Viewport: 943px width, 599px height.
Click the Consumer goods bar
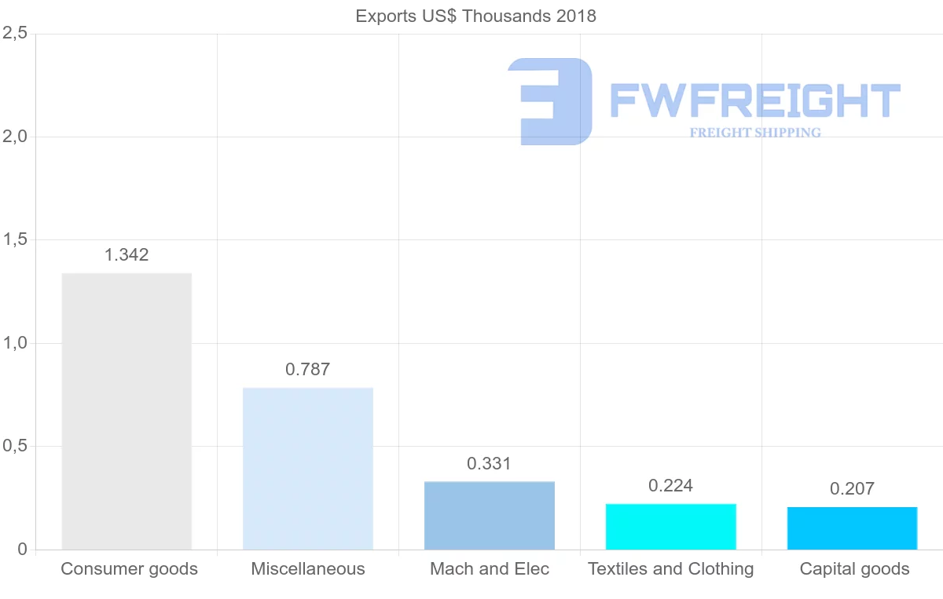[127, 411]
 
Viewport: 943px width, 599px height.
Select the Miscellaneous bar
[308, 469]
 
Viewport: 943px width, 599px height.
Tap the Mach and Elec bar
[490, 515]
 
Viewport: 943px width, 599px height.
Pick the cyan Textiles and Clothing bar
[671, 526]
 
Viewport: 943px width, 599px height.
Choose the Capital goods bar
[853, 528]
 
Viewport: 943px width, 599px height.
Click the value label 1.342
[127, 254]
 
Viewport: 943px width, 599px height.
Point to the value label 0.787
[308, 369]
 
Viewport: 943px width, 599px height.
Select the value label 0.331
[489, 463]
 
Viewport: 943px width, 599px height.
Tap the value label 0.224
[670, 485]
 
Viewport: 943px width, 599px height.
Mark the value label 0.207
[852, 489]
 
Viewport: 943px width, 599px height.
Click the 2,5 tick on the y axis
[15, 33]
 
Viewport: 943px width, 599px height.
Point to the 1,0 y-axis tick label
[15, 343]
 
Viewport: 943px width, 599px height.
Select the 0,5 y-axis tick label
[15, 446]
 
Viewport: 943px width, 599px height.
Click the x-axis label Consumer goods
[129, 568]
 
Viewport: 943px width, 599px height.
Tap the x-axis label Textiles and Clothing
[670, 568]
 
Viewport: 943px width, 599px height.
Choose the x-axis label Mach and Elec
[490, 568]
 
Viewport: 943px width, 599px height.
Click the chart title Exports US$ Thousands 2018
[476, 16]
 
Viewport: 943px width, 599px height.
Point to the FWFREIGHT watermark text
[754, 100]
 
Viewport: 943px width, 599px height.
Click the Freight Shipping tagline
[755, 133]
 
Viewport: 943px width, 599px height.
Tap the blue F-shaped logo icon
[550, 101]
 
